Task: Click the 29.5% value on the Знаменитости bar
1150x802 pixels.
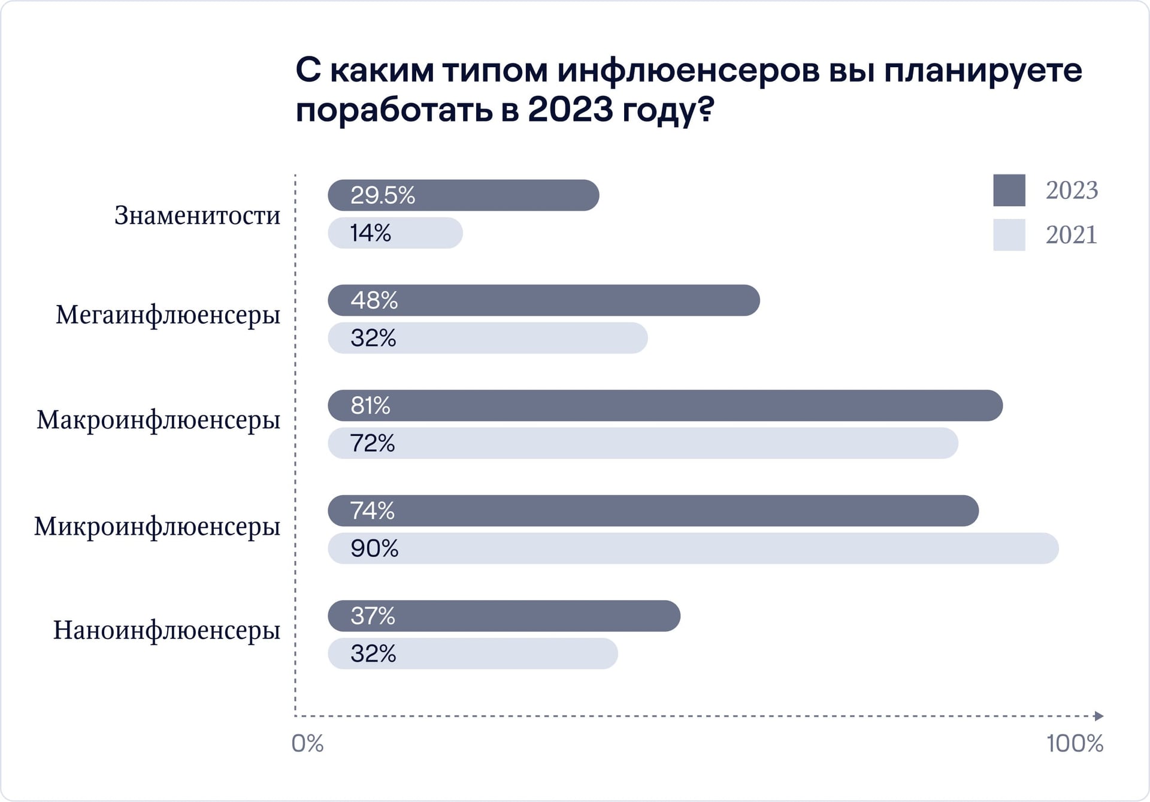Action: pyautogui.click(x=382, y=195)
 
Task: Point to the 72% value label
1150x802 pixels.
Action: pyautogui.click(x=372, y=444)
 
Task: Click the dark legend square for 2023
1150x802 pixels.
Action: pyautogui.click(x=1009, y=191)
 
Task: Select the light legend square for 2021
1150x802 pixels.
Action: pyautogui.click(x=1009, y=235)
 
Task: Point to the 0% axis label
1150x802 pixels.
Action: pyautogui.click(x=307, y=744)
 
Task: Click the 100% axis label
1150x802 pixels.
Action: pyautogui.click(x=1075, y=744)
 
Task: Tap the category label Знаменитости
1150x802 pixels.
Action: pyautogui.click(x=197, y=215)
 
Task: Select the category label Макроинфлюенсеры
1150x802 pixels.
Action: pyautogui.click(x=158, y=420)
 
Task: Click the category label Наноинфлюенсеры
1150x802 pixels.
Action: pyautogui.click(x=167, y=631)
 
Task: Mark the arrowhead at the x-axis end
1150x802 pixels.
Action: pyautogui.click(x=1098, y=716)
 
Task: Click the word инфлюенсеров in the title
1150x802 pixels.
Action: pyautogui.click(x=688, y=71)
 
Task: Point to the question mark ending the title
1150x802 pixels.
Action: pyautogui.click(x=707, y=110)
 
